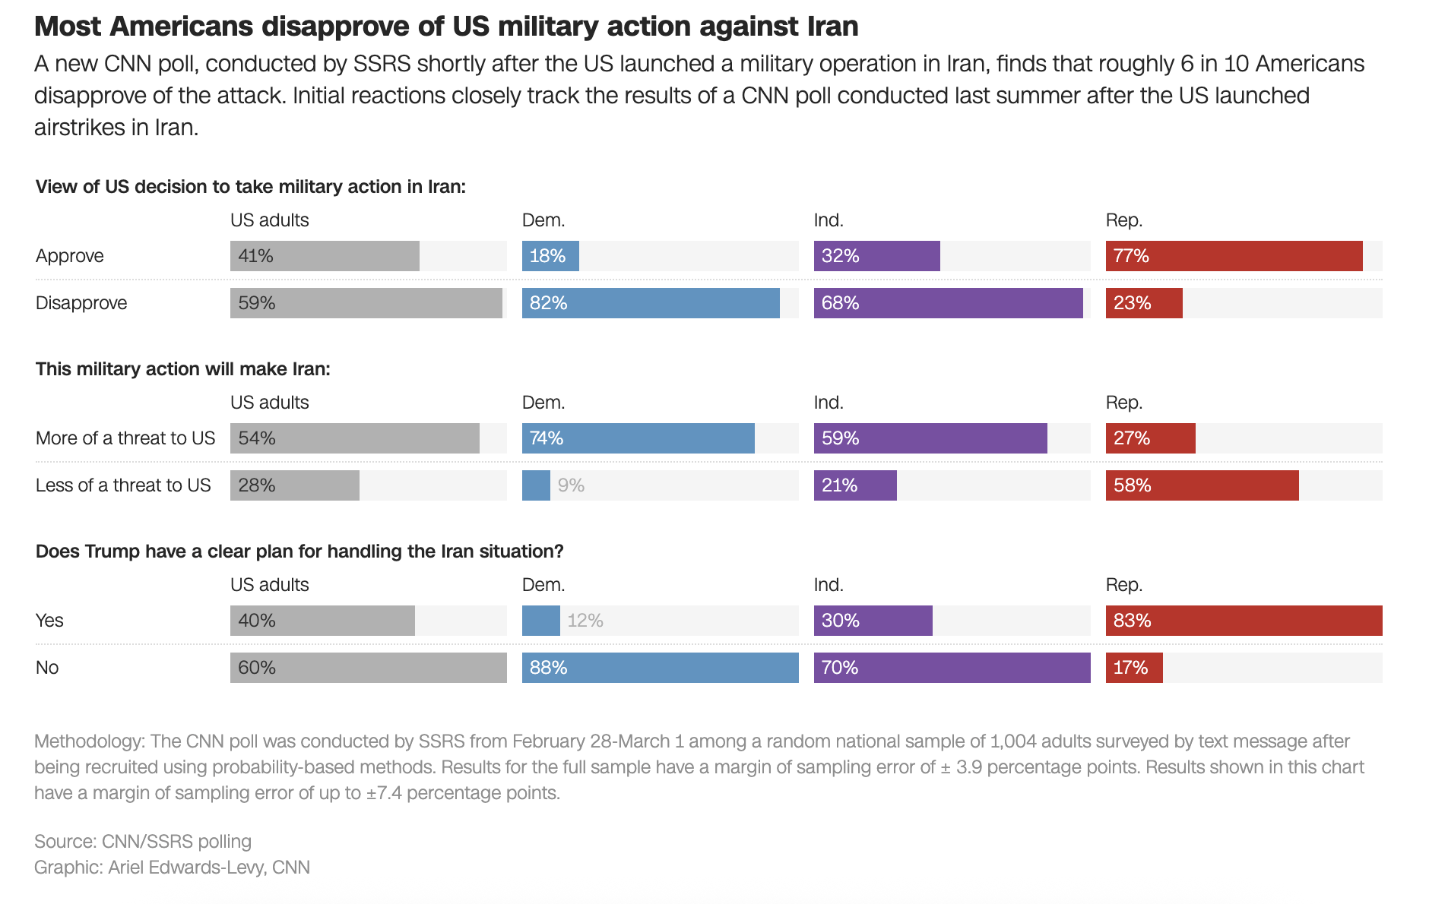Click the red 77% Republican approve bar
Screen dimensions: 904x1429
(1234, 256)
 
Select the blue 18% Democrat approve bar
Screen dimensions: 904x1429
(550, 256)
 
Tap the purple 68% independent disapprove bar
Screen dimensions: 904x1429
(948, 303)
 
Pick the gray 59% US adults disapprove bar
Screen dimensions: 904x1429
(366, 303)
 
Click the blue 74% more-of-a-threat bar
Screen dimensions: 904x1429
(638, 438)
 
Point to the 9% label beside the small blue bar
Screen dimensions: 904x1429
(571, 485)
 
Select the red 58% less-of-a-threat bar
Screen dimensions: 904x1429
(1202, 485)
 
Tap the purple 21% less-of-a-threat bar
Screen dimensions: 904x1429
(855, 485)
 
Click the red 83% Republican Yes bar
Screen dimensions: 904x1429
(1244, 621)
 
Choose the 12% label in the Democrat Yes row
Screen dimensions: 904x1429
(585, 621)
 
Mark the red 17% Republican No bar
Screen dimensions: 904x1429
(1133, 668)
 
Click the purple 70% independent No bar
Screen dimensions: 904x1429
(952, 668)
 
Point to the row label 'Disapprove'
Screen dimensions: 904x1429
(81, 303)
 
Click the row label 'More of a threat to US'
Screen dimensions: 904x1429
(125, 438)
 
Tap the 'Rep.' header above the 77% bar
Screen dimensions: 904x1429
(1124, 220)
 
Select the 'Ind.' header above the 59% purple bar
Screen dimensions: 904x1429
(829, 403)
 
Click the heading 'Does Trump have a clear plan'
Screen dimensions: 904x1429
(299, 552)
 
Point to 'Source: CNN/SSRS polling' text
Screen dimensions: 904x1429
(143, 842)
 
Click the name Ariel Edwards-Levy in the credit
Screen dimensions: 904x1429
(187, 868)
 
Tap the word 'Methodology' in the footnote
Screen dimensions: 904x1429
(89, 741)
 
